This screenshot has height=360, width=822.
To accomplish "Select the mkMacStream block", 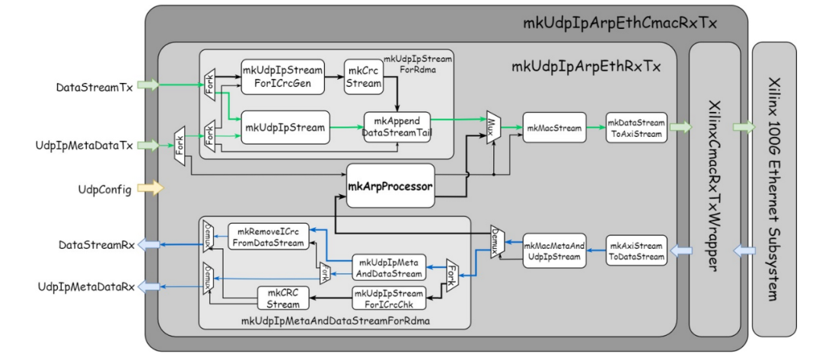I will tap(553, 127).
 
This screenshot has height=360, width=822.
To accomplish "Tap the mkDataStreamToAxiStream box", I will tap(636, 127).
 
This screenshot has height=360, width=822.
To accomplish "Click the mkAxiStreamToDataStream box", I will tap(636, 251).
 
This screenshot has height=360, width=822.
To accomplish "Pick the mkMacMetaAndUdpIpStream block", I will tap(555, 250).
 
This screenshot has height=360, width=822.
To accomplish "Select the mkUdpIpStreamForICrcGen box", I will tap(284, 76).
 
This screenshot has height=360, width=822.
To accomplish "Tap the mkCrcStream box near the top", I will tap(363, 77).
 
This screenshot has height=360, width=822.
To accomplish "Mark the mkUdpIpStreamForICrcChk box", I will tap(389, 298).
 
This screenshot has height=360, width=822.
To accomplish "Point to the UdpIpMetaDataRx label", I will tap(86, 285).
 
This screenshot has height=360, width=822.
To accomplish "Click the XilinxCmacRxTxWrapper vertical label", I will tap(715, 187).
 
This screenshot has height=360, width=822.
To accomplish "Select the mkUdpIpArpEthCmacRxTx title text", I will tap(620, 21).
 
